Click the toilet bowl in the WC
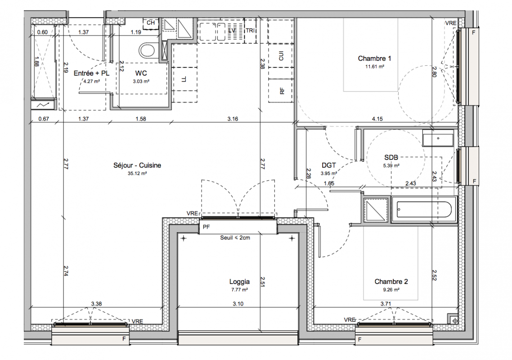(x=147, y=51)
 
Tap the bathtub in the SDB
(x=424, y=209)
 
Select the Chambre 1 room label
(x=374, y=58)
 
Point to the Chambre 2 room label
(x=391, y=282)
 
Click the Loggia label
(x=239, y=282)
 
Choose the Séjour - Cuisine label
(x=137, y=165)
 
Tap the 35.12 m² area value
(x=137, y=173)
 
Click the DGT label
(x=328, y=165)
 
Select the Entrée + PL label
(x=91, y=73)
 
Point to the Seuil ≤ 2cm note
(x=235, y=238)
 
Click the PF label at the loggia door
(x=207, y=227)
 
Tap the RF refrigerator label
(x=282, y=91)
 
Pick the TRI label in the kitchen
(x=250, y=31)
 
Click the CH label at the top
(x=151, y=23)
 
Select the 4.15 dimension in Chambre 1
(x=377, y=119)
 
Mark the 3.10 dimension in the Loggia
(x=238, y=304)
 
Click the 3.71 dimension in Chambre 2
(x=386, y=304)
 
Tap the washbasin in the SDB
(x=438, y=138)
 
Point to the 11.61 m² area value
(x=374, y=67)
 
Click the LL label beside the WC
(x=184, y=79)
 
